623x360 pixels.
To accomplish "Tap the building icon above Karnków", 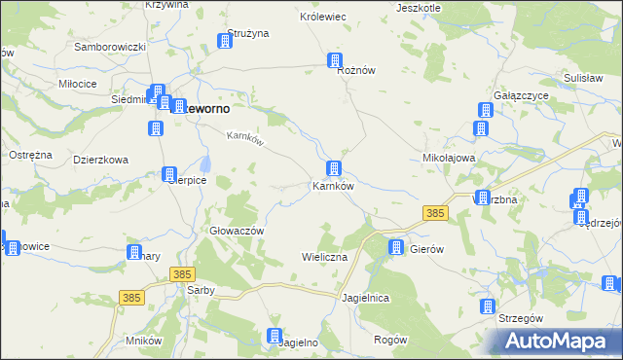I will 334,168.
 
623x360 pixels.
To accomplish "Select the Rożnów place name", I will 356,71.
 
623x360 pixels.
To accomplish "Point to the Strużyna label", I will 247,33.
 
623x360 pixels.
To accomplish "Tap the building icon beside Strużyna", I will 225,41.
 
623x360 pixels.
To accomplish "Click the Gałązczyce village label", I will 523,95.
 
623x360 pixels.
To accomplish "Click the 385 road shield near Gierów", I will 435,212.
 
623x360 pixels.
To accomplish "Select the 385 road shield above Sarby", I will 180,275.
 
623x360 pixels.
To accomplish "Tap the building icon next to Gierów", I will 396,247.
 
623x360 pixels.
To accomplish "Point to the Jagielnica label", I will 366,296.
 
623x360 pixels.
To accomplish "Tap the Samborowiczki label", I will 110,47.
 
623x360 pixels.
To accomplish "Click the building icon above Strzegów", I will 488,306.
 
